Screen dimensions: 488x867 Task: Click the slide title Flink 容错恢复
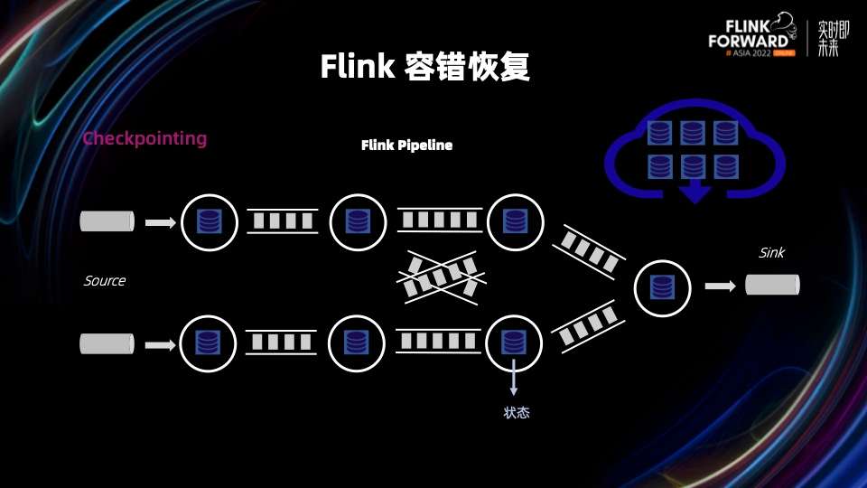click(424, 67)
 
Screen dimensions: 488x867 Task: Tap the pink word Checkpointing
click(144, 139)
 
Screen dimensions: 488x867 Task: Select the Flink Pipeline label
click(406, 145)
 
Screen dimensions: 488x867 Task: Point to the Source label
click(105, 281)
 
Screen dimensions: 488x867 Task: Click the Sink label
click(771, 253)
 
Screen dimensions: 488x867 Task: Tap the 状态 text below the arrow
click(516, 413)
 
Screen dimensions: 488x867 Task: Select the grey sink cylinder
click(772, 286)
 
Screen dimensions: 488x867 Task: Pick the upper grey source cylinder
click(107, 221)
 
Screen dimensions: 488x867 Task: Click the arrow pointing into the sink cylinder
click(720, 286)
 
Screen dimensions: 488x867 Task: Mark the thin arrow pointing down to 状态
click(514, 378)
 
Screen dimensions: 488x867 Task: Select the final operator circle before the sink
click(664, 287)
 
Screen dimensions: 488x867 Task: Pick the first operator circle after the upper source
click(210, 221)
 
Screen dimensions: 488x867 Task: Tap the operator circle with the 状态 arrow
click(514, 343)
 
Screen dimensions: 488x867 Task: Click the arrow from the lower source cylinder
click(161, 343)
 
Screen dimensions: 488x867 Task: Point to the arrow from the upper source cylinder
click(161, 221)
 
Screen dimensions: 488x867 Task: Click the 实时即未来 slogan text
click(827, 38)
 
